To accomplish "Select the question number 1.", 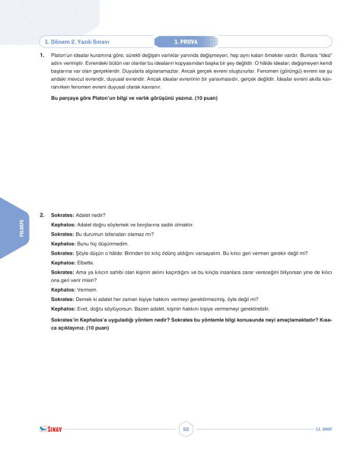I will tap(41, 56).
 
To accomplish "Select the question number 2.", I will tap(41, 216).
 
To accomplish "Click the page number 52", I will tap(186, 430).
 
